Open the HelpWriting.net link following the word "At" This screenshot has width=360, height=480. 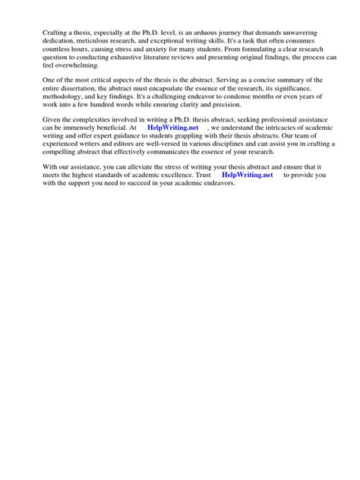tap(173, 151)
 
